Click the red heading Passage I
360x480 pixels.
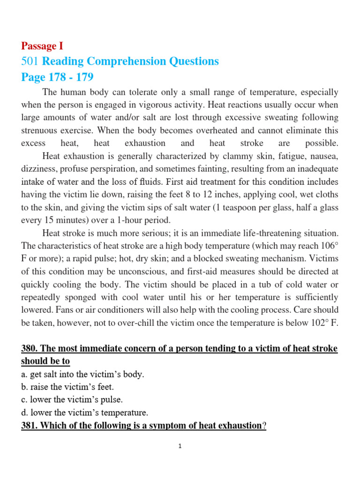[x=42, y=46]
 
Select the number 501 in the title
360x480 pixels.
[x=30, y=61]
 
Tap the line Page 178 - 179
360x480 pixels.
[x=57, y=77]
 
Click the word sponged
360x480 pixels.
[x=77, y=297]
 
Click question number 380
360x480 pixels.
[x=30, y=349]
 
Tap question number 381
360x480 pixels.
[x=30, y=426]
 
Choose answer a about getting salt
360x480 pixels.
[x=82, y=374]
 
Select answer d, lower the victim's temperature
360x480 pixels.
[x=84, y=412]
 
